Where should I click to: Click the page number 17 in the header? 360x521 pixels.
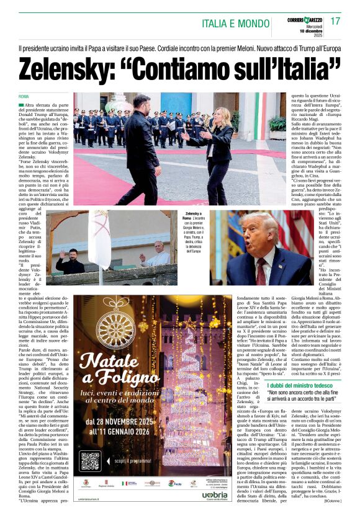pos(336,21)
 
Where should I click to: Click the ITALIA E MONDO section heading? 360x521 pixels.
pos(235,24)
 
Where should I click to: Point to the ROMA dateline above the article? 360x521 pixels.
pos(24,97)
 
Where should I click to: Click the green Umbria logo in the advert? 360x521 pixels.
pos(214,495)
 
